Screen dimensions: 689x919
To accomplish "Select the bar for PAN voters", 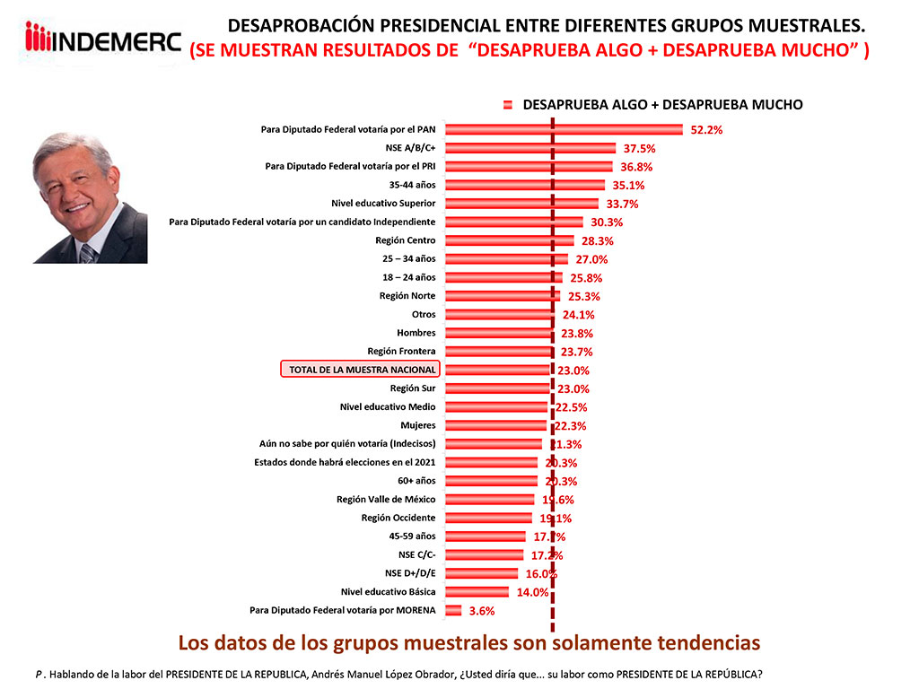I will [564, 129].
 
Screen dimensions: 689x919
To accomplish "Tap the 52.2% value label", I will [706, 129].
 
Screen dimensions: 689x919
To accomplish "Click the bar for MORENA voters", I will [453, 610].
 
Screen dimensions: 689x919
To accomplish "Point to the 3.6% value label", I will [482, 611].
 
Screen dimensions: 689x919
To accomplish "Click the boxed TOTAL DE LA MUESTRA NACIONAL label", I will [362, 370].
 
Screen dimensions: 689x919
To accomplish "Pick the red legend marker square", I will [508, 105].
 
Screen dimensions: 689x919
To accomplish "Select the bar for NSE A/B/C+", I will [530, 148].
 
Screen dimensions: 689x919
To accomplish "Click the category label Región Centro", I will [406, 240].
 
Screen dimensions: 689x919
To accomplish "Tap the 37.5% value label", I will [640, 148].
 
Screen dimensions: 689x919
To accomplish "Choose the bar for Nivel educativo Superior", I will [521, 204].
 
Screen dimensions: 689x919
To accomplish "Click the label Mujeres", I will [417, 425].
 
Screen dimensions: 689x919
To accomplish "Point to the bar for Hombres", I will [499, 333].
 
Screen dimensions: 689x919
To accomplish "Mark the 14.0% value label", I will [532, 592].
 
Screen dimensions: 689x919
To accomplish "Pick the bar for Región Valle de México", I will [490, 500].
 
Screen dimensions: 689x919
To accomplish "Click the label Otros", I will [424, 315].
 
